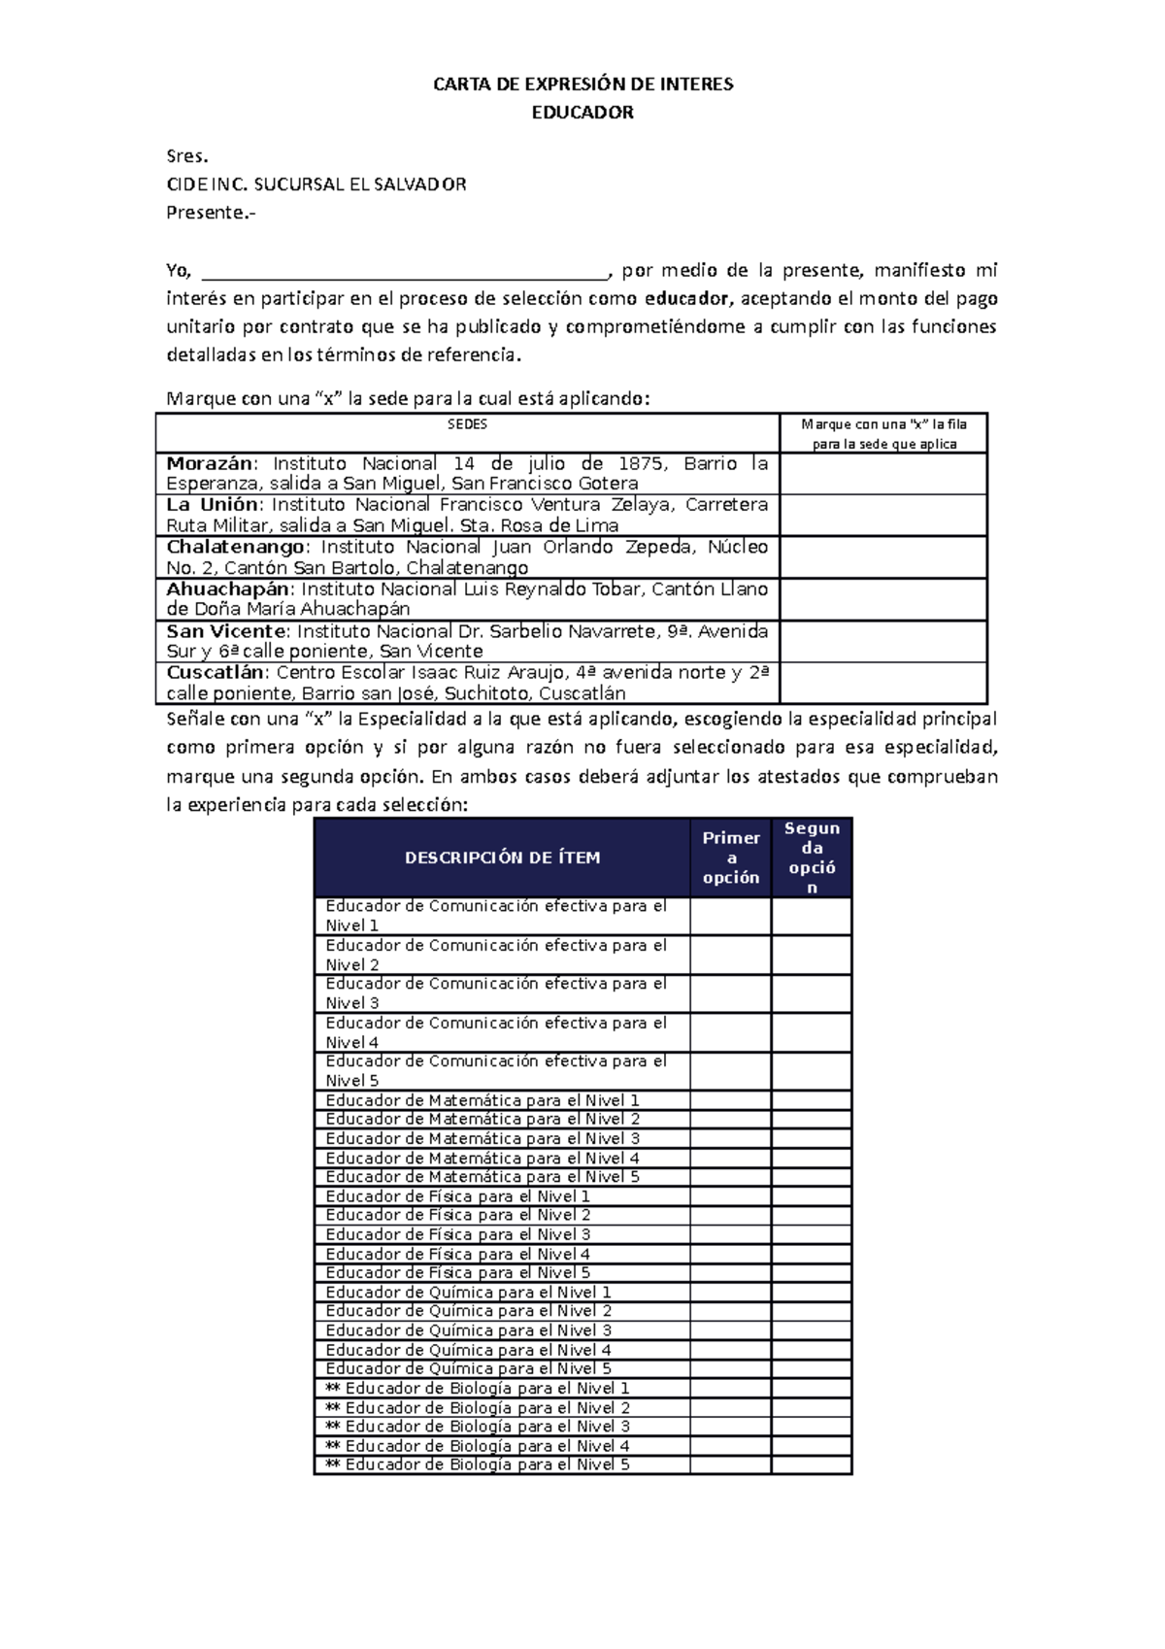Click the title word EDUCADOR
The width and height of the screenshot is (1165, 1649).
point(582,113)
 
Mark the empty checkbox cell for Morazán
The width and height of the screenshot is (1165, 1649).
point(883,474)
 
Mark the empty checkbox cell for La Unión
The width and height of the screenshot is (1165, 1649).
point(883,516)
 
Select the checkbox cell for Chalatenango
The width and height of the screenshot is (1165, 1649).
point(883,557)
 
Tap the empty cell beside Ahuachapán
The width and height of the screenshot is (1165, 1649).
point(883,599)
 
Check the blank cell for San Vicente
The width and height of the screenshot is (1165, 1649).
point(883,641)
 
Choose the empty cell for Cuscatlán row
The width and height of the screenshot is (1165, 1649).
point(883,683)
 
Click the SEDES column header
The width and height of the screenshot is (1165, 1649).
point(467,424)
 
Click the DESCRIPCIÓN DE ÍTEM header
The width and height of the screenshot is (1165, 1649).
point(502,858)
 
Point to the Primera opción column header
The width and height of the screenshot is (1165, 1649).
point(731,858)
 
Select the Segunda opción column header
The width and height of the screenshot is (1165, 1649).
point(812,858)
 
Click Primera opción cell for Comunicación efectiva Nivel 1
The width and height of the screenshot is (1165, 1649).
point(731,916)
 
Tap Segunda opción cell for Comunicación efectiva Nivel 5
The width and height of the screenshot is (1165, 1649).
point(812,1071)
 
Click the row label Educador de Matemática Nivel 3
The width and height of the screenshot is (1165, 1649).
point(483,1138)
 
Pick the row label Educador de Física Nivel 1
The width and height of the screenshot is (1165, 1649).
point(458,1196)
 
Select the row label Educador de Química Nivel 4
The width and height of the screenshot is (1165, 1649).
point(468,1350)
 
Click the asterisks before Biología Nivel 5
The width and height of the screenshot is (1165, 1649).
point(332,1464)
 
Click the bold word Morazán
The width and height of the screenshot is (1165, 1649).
point(209,463)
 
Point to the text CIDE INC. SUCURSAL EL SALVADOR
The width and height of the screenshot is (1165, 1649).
point(316,185)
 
